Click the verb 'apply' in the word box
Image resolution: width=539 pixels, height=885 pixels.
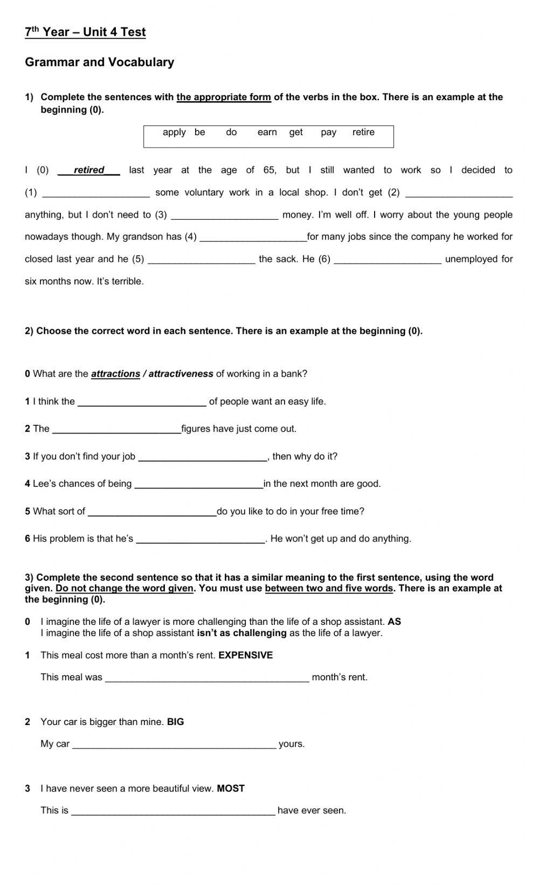[x=174, y=133]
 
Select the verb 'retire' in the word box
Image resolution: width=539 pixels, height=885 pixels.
[x=363, y=133]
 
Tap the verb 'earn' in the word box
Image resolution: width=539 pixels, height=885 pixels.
[x=267, y=133]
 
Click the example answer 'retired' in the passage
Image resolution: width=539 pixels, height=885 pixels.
[x=89, y=170]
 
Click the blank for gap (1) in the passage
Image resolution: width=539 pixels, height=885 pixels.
[x=96, y=193]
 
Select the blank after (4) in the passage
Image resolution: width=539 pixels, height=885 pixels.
[x=253, y=238]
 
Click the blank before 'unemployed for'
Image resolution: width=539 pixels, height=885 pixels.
[x=388, y=260]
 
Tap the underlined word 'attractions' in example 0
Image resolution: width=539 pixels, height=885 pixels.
[x=115, y=374]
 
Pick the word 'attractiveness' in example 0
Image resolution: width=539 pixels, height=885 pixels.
[x=181, y=374]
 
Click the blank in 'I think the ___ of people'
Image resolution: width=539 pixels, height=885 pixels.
[x=142, y=402]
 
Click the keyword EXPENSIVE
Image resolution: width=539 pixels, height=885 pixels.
[x=245, y=656]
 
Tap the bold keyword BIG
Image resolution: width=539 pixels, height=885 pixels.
[x=175, y=722]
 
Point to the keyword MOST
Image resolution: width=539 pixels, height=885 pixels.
[x=231, y=789]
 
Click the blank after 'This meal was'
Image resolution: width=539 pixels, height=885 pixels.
[x=207, y=678]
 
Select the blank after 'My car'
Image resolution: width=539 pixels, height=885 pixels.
[x=174, y=745]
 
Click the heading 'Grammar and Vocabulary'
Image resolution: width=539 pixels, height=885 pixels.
[x=100, y=62]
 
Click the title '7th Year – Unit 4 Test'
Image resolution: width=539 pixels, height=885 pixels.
[x=85, y=32]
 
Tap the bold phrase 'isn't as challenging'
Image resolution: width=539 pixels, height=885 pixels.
[x=241, y=633]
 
